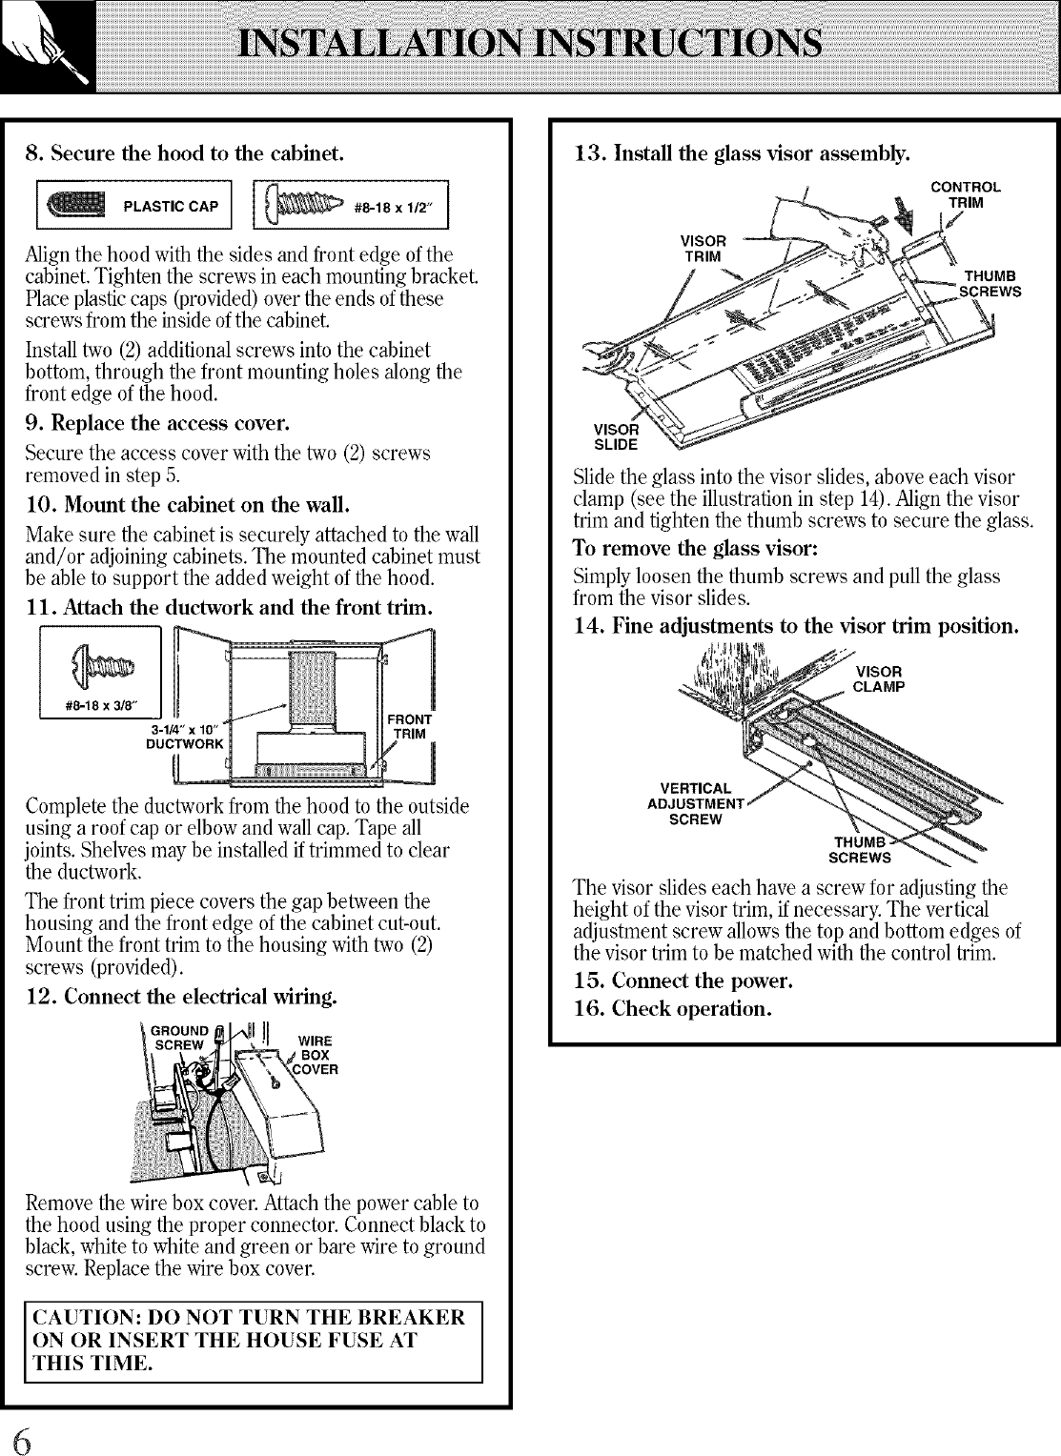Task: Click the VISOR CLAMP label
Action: pos(878,678)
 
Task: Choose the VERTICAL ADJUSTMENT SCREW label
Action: pos(696,803)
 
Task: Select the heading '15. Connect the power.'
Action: pos(684,981)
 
